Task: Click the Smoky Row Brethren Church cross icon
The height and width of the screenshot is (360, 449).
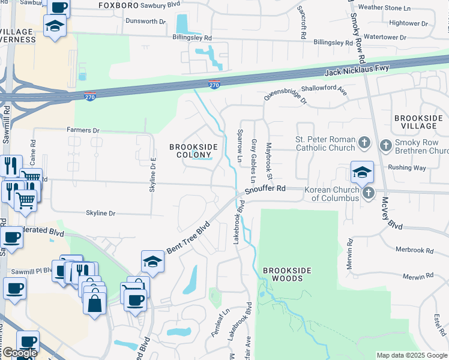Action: [385, 145]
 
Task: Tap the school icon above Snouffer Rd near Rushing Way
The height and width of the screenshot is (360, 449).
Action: [361, 172]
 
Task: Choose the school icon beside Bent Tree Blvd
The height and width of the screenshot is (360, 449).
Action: [152, 261]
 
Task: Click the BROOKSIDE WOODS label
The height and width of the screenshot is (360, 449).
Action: [288, 274]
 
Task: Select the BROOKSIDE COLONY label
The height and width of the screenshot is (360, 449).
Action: [194, 151]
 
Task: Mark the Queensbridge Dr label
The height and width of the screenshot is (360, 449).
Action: [286, 98]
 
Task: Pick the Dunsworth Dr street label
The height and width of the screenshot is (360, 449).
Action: [145, 21]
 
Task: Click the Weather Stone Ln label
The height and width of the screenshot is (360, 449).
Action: [384, 8]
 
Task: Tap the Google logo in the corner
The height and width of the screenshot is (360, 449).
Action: [20, 353]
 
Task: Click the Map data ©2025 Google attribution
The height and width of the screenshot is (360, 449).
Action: [411, 355]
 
